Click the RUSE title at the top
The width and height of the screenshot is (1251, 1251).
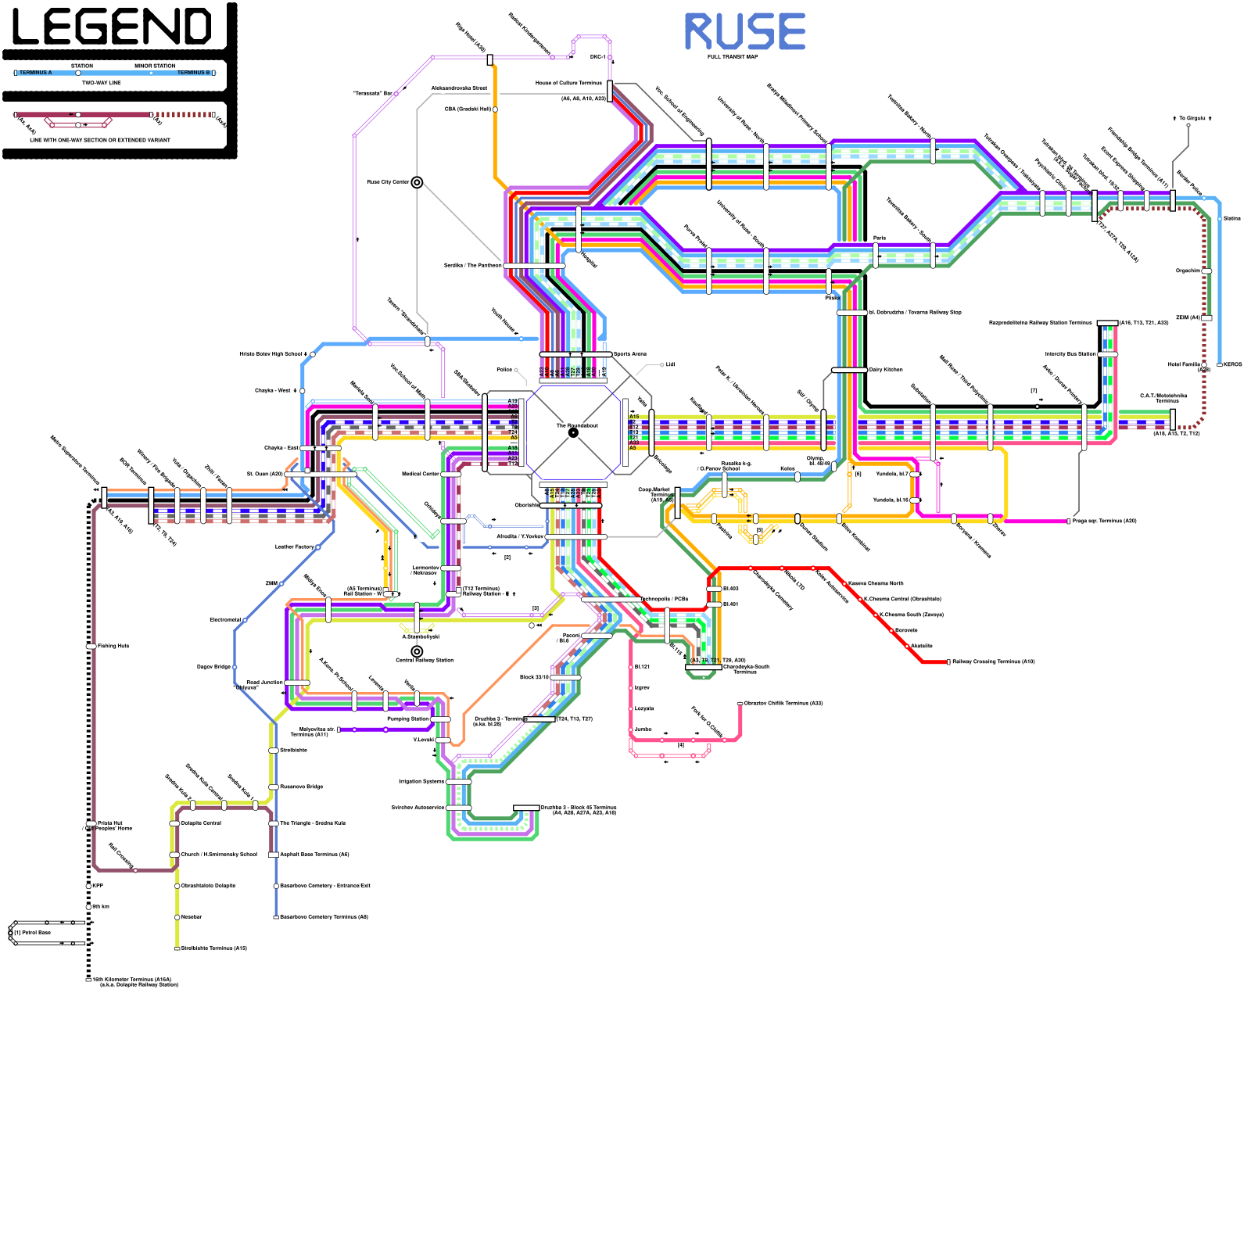744,32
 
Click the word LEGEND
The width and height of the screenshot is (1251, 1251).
112,27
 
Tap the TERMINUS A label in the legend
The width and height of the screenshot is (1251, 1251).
36,73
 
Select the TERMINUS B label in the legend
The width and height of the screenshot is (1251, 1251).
193,73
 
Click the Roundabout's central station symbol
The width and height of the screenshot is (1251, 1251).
573,432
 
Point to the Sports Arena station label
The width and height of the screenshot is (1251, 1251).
630,354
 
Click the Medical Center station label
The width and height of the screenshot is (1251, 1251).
421,474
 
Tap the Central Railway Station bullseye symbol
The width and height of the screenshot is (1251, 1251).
417,651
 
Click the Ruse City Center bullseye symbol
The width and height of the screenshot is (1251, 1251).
417,182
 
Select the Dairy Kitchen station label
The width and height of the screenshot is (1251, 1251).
886,370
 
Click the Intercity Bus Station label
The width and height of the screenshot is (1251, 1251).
1070,354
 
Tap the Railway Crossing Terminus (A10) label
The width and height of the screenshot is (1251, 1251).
993,661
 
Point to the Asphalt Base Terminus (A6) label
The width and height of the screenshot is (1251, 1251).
314,855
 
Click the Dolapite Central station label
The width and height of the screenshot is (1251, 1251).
201,823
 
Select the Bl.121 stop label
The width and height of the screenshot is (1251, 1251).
642,667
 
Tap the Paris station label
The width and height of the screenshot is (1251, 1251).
880,238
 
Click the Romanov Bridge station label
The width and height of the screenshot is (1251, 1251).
301,787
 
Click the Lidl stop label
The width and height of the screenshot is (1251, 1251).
670,364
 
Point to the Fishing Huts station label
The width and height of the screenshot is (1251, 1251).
113,646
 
